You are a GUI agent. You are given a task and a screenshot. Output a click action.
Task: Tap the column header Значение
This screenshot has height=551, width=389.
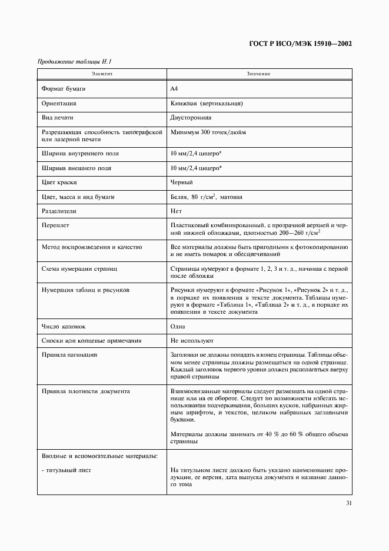(258, 74)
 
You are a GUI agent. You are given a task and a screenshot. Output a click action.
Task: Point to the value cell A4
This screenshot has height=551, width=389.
(174, 88)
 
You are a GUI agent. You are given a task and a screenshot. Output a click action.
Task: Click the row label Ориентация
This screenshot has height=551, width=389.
(59, 103)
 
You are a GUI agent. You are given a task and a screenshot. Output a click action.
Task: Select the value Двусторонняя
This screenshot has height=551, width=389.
(191, 118)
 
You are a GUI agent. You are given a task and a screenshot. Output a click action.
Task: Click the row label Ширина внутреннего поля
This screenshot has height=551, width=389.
(80, 153)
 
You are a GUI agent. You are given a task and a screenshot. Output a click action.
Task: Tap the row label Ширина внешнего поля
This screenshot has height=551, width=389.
(77, 168)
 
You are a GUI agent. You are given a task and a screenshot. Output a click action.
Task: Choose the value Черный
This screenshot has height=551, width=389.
(182, 182)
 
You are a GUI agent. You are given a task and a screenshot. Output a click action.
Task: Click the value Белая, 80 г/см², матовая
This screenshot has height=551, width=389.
(206, 197)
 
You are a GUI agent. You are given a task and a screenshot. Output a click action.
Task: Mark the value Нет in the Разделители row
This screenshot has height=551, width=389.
(176, 211)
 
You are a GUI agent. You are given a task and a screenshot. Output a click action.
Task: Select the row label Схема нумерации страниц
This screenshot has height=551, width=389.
(79, 268)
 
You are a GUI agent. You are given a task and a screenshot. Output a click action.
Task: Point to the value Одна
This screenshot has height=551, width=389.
(178, 326)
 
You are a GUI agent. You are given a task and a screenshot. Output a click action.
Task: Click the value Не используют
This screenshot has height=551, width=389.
(192, 341)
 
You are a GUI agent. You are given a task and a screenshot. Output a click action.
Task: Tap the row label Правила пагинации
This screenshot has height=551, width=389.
(69, 355)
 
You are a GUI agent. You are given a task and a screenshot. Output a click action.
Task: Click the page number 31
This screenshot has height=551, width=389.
(348, 503)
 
